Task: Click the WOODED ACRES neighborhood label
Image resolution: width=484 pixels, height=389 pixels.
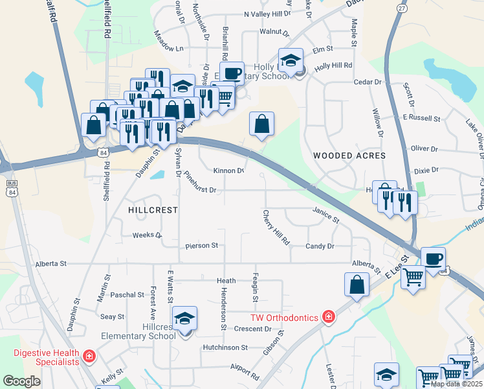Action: coord(349,156)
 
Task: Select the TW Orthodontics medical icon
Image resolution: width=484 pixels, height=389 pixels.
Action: coord(329,316)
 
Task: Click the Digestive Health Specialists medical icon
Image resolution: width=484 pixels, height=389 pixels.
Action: coord(88,356)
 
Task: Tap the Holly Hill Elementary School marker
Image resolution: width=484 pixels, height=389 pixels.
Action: coord(291,62)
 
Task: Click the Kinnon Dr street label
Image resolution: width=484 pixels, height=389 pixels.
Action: coord(228,171)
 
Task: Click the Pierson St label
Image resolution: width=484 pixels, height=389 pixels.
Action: coord(201,246)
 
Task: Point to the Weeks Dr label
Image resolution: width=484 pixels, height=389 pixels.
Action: coord(146,235)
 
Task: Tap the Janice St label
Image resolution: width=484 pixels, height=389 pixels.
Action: coord(325,215)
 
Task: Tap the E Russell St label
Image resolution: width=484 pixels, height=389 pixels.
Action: coord(421,119)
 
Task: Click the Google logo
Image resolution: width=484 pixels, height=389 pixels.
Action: coord(21,381)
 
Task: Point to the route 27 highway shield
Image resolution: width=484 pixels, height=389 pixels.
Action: coord(402,8)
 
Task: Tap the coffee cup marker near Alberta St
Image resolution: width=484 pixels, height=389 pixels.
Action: coord(433,259)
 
